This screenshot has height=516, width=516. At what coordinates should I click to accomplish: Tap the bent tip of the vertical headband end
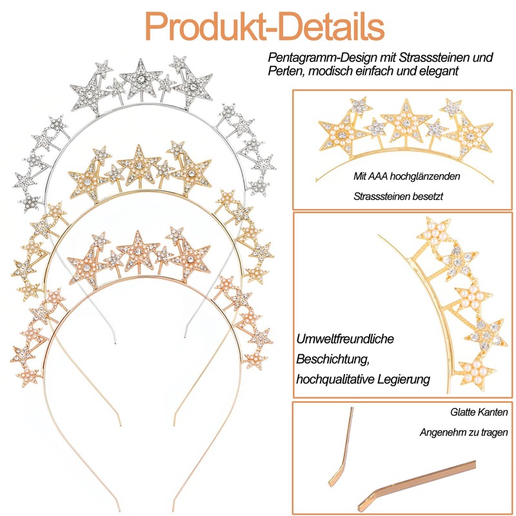tap(336, 477)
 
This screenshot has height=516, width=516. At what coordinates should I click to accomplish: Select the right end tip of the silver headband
tap(183, 335)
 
